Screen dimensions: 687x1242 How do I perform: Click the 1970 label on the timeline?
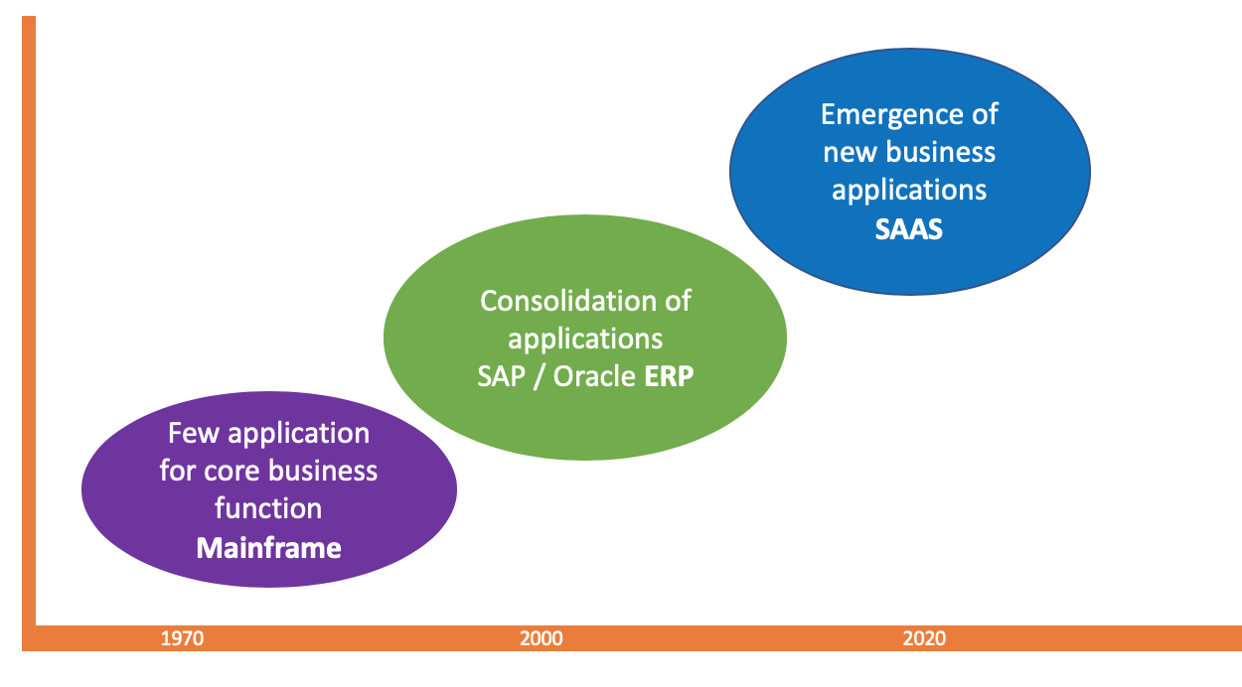click(x=183, y=638)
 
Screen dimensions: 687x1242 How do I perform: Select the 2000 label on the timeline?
click(x=541, y=638)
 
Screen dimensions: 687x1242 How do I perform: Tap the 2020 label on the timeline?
click(x=924, y=638)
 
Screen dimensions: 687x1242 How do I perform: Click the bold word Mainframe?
click(x=268, y=547)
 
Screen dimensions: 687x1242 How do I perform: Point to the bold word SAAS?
click(x=909, y=228)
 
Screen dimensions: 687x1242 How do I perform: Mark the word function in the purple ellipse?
click(x=268, y=508)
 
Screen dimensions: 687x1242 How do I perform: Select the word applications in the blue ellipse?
click(x=909, y=190)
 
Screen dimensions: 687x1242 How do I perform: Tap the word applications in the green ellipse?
click(x=585, y=340)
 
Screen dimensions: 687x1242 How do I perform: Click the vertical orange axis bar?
click(x=29, y=318)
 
